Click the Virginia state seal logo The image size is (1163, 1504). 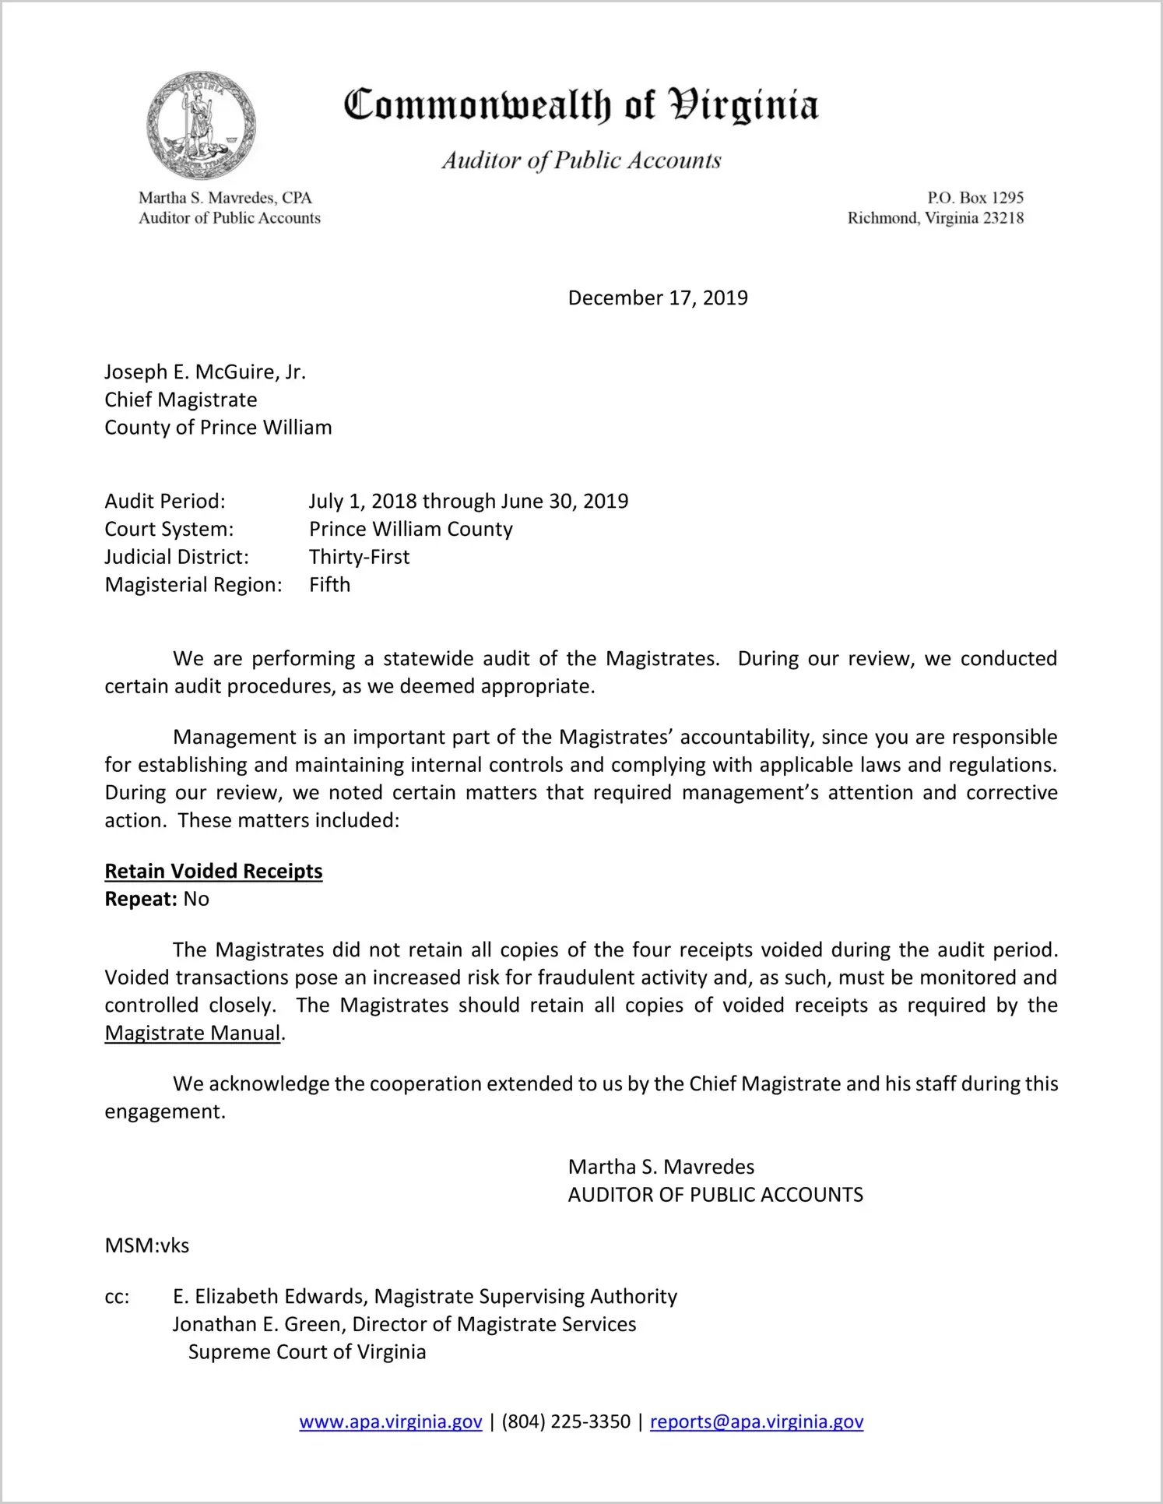click(201, 125)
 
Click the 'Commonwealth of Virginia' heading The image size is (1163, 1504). click(581, 105)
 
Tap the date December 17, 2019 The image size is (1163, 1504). click(658, 298)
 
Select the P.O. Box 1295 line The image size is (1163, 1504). click(975, 198)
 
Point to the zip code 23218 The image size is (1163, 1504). click(1003, 218)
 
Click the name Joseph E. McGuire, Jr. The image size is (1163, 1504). click(206, 372)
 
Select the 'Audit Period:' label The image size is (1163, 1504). click(165, 502)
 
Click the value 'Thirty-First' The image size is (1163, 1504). click(359, 557)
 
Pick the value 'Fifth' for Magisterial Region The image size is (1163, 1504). click(329, 585)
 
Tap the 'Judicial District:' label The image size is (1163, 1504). click(177, 557)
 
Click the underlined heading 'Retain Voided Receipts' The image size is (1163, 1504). click(213, 872)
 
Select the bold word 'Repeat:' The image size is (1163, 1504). click(141, 900)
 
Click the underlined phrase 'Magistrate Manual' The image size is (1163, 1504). click(192, 1034)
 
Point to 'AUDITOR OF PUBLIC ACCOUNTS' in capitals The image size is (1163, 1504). click(715, 1195)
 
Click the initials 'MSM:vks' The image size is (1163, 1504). click(147, 1245)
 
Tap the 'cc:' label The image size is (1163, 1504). click(117, 1297)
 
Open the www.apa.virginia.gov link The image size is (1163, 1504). click(391, 1422)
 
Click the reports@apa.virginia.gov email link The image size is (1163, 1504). click(757, 1422)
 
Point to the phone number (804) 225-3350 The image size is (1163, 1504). click(566, 1422)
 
